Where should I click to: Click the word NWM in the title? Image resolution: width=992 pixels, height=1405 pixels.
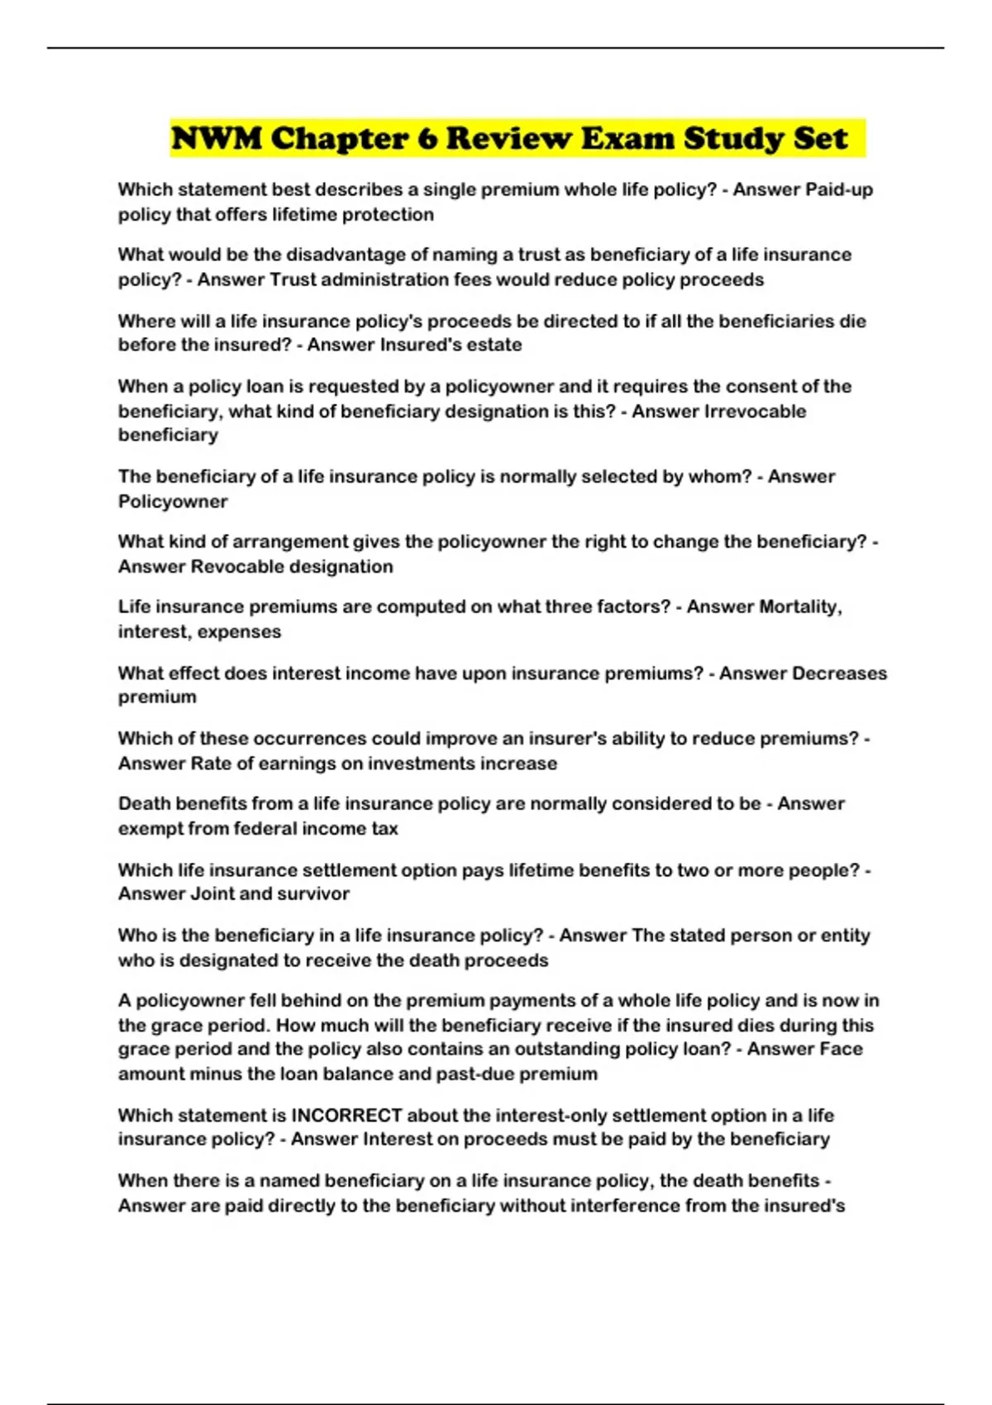[x=217, y=138]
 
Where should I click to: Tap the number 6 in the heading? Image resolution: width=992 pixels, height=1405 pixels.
[x=427, y=138]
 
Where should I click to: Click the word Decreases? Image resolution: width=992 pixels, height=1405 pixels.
[x=839, y=673]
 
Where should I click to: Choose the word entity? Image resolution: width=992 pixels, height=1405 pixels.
[x=846, y=935]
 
